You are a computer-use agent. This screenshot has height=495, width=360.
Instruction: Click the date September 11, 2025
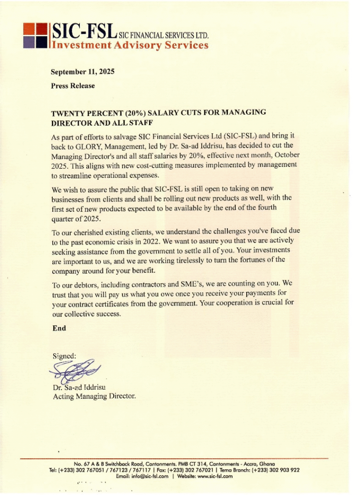(x=83, y=72)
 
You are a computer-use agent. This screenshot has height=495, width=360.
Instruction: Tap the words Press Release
(x=73, y=86)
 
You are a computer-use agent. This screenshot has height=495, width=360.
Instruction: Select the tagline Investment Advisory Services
(x=130, y=45)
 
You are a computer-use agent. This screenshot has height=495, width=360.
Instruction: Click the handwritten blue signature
(x=75, y=371)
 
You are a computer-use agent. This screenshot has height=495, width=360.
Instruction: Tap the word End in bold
(x=59, y=328)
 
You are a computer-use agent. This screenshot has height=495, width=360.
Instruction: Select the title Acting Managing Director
(x=94, y=396)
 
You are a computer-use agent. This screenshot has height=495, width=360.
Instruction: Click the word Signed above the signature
(x=64, y=356)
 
